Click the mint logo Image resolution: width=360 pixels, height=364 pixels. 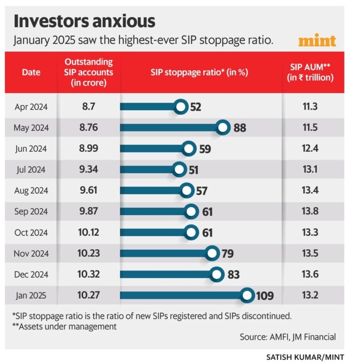pos(317,41)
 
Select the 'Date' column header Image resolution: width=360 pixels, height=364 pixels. pos(31,72)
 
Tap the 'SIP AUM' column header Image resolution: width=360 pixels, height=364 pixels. pos(310,72)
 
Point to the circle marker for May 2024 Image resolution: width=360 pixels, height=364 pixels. pos(223,127)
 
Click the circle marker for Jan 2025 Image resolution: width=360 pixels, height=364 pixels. pos(247,296)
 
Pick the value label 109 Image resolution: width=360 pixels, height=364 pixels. pos(264,296)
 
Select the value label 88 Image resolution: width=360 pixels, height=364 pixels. pos(240,128)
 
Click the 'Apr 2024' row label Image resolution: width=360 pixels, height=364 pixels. pos(31,107)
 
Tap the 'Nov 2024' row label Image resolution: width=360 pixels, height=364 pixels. pos(31,254)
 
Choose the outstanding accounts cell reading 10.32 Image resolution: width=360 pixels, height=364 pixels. pos(89,275)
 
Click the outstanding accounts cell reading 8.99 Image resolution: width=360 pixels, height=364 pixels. pos(89,149)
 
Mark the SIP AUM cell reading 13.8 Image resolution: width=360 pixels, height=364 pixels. pos(310,212)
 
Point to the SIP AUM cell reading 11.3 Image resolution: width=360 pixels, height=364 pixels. pos(310,107)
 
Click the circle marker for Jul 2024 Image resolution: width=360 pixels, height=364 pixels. pos(179,170)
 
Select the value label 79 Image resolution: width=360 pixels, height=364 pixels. pos(228,254)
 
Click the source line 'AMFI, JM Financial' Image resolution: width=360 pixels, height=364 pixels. pos(288,337)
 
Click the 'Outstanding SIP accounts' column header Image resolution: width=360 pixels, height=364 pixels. pos(89,72)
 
